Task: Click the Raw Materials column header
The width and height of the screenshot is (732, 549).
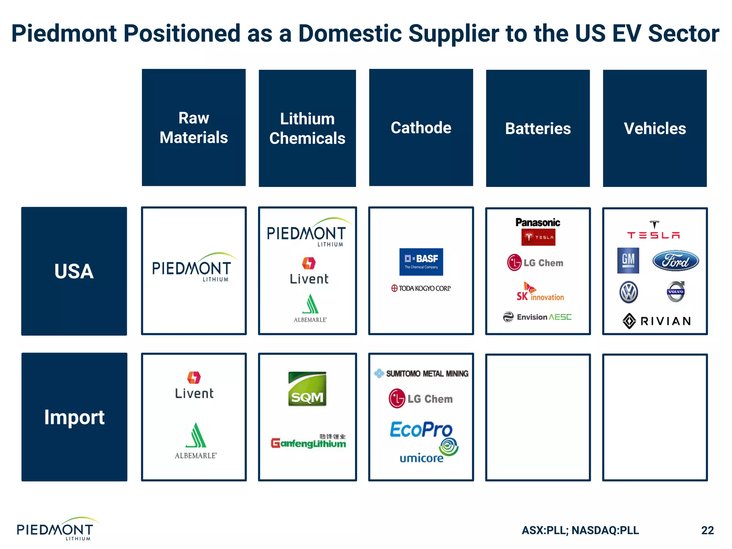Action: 193,128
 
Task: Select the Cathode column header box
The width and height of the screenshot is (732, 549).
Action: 421,128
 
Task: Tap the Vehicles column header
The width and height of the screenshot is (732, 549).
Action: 654,128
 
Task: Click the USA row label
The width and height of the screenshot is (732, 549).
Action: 74,271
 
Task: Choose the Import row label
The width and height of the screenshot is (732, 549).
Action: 74,417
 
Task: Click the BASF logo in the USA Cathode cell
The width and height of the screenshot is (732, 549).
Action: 421,262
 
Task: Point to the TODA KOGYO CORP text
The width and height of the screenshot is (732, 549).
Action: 421,288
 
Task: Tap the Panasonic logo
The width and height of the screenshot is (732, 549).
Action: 538,222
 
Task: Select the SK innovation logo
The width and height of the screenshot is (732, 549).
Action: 540,292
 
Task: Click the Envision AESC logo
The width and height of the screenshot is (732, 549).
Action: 538,317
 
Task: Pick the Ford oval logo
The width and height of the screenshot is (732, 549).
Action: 675,261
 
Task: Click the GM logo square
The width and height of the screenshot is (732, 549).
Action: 628,261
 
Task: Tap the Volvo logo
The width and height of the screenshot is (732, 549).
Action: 676,292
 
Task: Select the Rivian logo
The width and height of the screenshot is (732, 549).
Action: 656,321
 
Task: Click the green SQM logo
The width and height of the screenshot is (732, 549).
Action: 307,389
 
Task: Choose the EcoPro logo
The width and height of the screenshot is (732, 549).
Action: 421,430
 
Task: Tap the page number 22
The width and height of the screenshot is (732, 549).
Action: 707,530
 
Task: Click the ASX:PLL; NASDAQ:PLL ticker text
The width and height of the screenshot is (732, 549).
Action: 580,530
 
